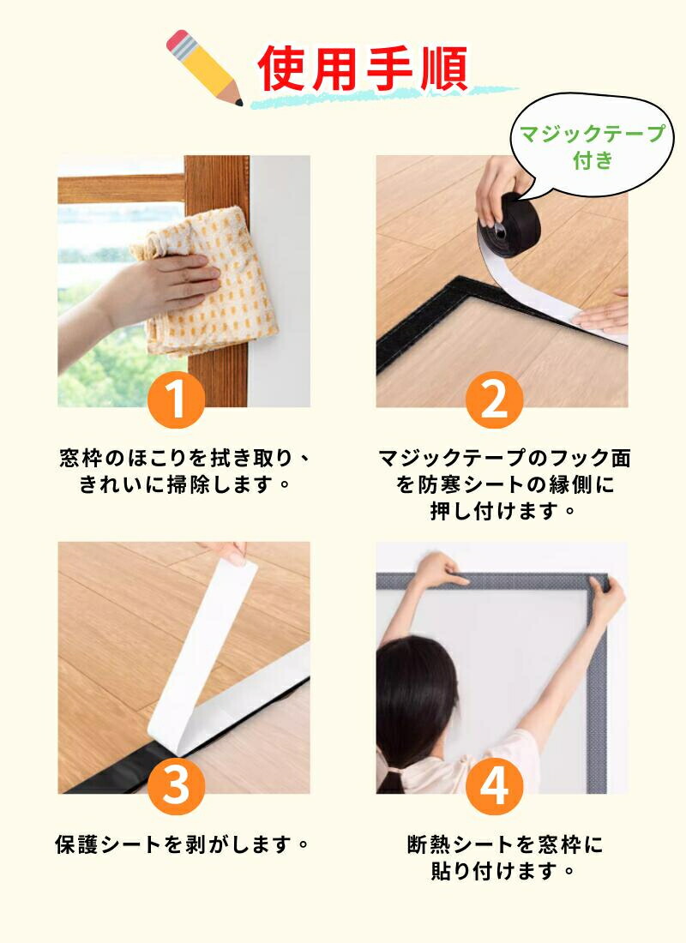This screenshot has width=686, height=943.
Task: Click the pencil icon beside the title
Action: pyautogui.click(x=204, y=67)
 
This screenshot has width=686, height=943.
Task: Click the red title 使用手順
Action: pyautogui.click(x=363, y=69)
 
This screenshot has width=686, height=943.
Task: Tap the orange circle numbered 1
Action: pyautogui.click(x=176, y=399)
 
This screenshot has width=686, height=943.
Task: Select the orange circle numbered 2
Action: pyautogui.click(x=494, y=399)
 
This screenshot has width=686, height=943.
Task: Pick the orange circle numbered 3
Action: pyautogui.click(x=176, y=785)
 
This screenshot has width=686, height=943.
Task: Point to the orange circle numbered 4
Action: pyautogui.click(x=494, y=785)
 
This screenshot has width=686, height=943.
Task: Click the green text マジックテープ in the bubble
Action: pyautogui.click(x=593, y=134)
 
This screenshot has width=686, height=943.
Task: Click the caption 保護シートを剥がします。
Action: pyautogui.click(x=183, y=844)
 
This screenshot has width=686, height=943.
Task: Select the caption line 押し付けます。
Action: pyautogui.click(x=503, y=511)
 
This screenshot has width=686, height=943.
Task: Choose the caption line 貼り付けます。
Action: pyautogui.click(x=503, y=870)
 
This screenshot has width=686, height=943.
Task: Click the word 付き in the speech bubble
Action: pyautogui.click(x=593, y=160)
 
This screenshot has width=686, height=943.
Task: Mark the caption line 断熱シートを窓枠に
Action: pyautogui.click(x=505, y=844)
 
